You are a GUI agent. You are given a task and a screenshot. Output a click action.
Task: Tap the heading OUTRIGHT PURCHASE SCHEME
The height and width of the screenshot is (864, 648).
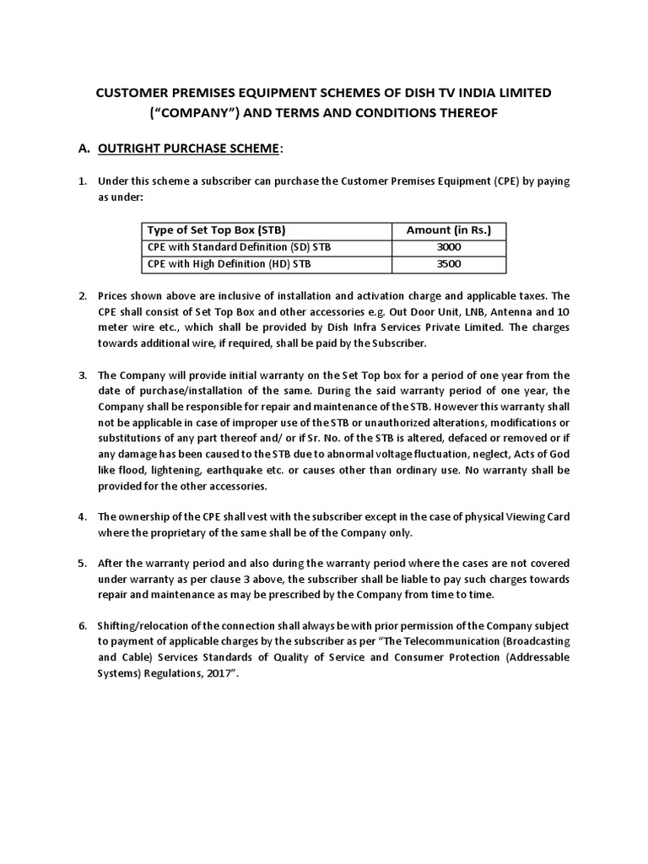188,148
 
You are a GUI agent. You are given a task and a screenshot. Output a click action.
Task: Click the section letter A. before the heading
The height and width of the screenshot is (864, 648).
84,148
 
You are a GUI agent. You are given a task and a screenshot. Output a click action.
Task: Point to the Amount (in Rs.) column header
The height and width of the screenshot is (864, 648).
449,230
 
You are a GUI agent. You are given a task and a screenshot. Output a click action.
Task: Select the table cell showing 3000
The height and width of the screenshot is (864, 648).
449,247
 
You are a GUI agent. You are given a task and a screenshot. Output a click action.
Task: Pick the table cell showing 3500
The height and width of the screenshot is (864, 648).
449,264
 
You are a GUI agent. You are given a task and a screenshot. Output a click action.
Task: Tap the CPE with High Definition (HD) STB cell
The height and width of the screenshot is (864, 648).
222,264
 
